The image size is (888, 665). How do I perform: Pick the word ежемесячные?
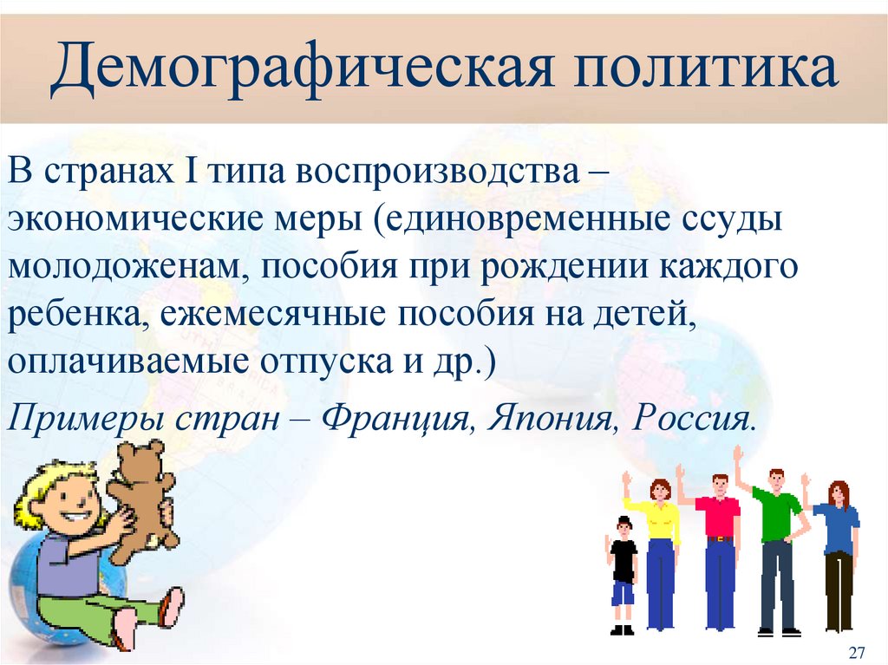[x=269, y=314]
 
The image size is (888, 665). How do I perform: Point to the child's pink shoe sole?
[x=171, y=607]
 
